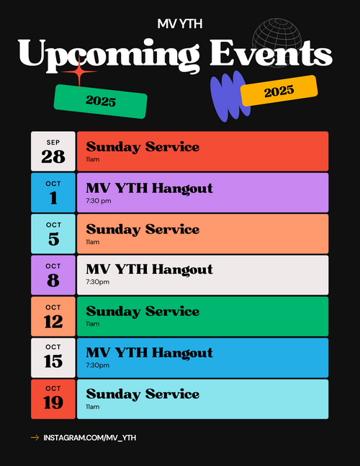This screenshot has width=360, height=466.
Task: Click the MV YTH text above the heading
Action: click(x=180, y=24)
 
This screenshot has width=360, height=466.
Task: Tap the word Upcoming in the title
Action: click(x=109, y=55)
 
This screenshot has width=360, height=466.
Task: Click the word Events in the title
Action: click(x=271, y=53)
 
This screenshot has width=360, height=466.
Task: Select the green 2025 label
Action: click(x=100, y=102)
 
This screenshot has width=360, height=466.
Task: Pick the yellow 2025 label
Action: click(x=279, y=91)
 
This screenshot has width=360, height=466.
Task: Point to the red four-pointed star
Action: click(x=79, y=71)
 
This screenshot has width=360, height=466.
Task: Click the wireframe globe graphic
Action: click(x=276, y=42)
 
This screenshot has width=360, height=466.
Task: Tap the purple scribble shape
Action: click(x=229, y=96)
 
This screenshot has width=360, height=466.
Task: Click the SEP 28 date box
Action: click(x=53, y=151)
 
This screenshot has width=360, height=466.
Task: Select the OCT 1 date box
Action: click(x=53, y=192)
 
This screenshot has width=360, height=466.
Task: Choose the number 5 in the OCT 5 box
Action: click(x=54, y=239)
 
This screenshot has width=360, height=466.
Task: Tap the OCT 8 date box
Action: click(x=53, y=275)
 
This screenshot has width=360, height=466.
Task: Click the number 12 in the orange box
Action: click(x=53, y=321)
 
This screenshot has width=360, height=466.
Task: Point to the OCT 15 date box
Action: click(x=53, y=358)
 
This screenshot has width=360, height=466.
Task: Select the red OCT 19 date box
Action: click(x=53, y=399)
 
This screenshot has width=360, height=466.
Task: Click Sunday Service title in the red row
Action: click(x=143, y=147)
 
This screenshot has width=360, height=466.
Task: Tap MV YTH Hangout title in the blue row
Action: click(x=150, y=353)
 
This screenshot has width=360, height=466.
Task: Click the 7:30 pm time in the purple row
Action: click(x=99, y=201)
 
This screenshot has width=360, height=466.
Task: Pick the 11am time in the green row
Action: click(x=93, y=323)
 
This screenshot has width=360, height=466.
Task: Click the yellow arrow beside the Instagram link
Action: click(x=35, y=437)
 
